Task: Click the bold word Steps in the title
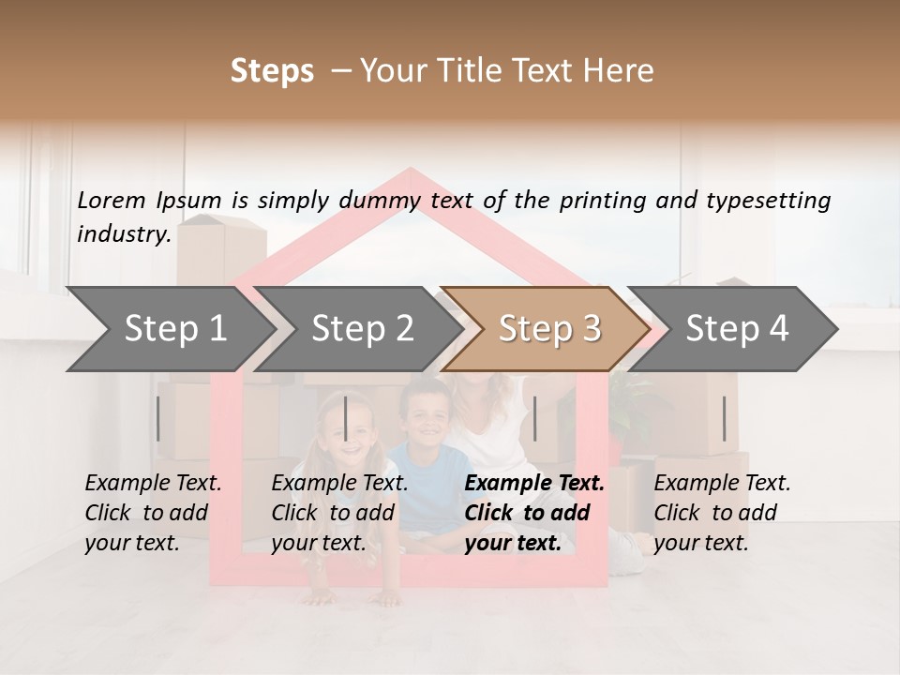[x=272, y=71]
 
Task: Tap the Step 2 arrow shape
[x=361, y=329]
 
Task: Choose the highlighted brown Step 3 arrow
[x=548, y=329]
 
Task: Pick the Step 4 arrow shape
[x=737, y=329]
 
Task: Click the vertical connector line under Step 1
[x=158, y=418]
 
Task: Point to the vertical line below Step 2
[x=346, y=418]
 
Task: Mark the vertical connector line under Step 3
[x=534, y=418]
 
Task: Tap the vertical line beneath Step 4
[x=724, y=418]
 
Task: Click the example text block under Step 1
[x=153, y=513]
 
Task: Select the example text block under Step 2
[x=339, y=513]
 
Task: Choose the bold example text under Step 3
[x=534, y=513]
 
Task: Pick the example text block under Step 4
[x=722, y=513]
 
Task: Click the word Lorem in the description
[x=111, y=200]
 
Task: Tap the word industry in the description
[x=123, y=234]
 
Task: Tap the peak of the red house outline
[x=410, y=172]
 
